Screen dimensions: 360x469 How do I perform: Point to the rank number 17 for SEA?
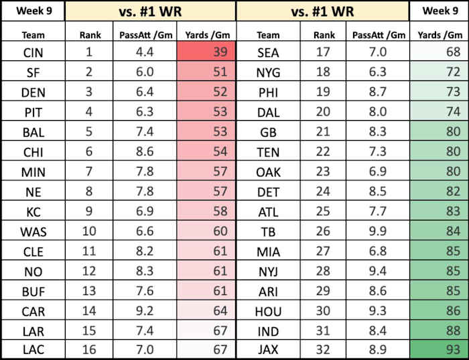323,52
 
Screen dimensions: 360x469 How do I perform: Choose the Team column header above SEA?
269,34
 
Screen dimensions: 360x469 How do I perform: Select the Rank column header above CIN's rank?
90,34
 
